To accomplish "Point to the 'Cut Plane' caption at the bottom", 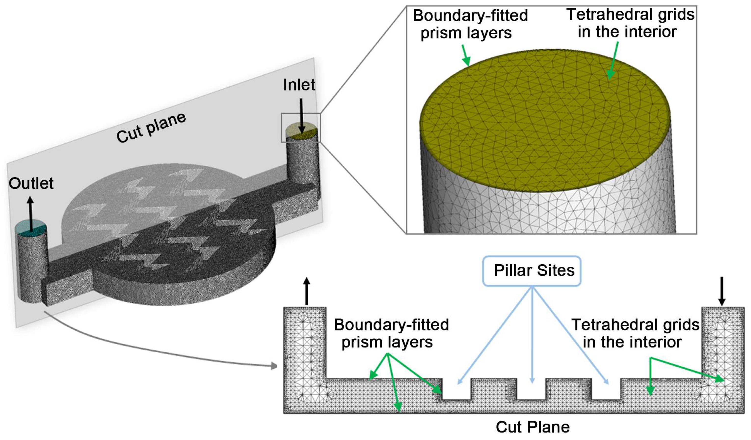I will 533,427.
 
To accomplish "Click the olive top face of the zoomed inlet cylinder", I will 545,119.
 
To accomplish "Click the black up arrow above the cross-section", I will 307,291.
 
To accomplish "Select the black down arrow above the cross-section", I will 722,291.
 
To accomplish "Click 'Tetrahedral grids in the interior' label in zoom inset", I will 630,23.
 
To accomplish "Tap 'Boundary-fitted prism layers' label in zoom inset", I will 470,24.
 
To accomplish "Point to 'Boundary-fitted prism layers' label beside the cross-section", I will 391,333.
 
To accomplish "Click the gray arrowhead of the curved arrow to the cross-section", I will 274,366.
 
